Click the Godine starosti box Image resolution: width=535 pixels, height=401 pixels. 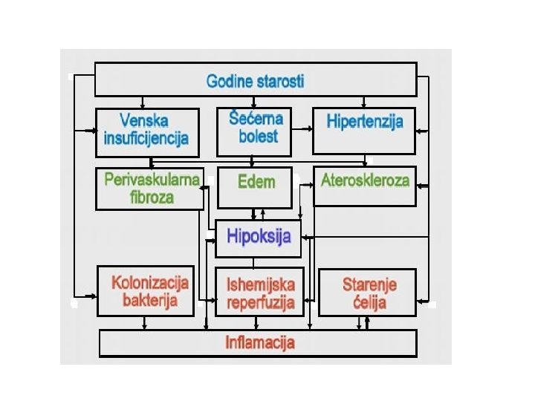[x=256, y=80]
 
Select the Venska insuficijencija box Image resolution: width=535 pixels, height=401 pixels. [x=147, y=132]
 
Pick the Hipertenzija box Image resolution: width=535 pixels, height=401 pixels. [x=364, y=131]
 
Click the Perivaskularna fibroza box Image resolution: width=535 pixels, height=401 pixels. [x=149, y=189]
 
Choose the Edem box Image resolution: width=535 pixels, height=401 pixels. [x=255, y=188]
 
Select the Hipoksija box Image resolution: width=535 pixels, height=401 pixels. [x=258, y=238]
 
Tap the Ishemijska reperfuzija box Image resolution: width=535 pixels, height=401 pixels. [x=259, y=292]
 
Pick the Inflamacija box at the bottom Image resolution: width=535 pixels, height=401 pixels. [x=259, y=343]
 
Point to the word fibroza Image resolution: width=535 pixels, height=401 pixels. [x=150, y=198]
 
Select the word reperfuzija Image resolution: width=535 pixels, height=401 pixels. [x=261, y=302]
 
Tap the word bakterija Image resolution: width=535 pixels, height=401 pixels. [x=149, y=301]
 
